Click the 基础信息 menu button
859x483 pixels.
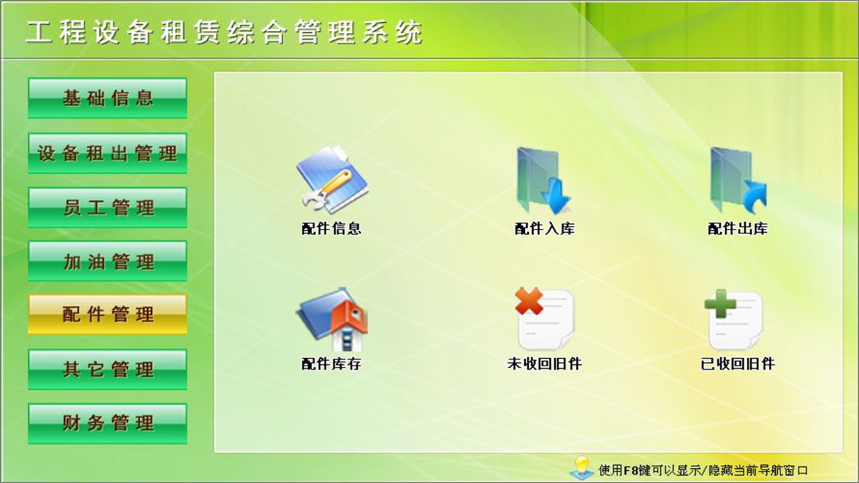(107, 99)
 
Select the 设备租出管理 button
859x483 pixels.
(107, 153)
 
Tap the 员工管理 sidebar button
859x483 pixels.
(107, 207)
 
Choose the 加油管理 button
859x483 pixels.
(107, 261)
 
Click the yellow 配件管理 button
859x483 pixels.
(107, 314)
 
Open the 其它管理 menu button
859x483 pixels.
(107, 369)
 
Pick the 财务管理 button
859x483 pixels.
(107, 423)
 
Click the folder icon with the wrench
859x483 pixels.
(332, 180)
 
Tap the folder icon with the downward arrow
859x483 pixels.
(544, 180)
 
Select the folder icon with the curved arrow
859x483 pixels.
(738, 180)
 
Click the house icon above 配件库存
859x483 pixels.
(332, 319)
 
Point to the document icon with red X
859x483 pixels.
(544, 319)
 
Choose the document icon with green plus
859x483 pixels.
(734, 319)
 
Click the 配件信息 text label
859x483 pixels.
(332, 229)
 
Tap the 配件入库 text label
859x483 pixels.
(544, 229)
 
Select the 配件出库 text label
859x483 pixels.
(738, 229)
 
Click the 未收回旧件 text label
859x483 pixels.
(544, 364)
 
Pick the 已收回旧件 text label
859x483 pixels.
(738, 364)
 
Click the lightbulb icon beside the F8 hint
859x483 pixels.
(581, 467)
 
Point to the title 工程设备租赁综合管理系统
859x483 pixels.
(224, 32)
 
